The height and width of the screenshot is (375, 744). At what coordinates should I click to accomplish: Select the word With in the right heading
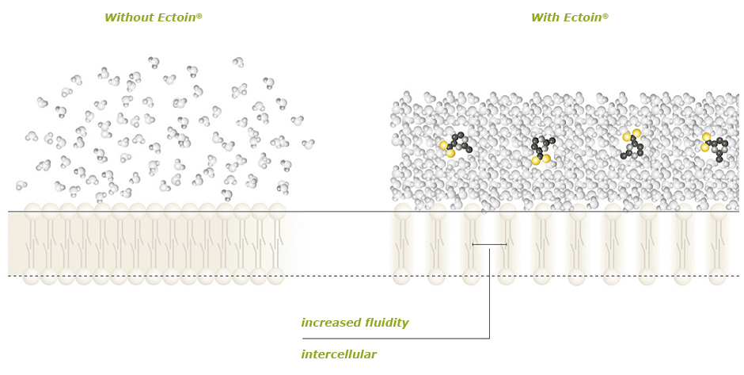point(545,17)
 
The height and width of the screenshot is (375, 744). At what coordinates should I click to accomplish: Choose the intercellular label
point(339,355)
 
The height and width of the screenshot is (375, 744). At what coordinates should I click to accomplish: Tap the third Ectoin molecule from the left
point(632,145)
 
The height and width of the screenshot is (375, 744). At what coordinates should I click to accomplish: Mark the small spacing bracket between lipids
point(489,244)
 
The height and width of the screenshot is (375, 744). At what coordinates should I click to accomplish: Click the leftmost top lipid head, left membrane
point(32,212)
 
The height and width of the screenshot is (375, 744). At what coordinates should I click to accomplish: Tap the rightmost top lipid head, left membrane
point(276,212)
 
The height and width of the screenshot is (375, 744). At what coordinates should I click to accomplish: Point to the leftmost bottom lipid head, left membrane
point(32,276)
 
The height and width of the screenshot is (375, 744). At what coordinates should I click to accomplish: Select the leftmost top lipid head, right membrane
point(403,212)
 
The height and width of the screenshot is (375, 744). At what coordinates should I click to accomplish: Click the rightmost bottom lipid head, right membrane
point(717,277)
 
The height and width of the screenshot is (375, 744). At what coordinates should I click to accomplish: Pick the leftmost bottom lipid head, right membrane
point(402,277)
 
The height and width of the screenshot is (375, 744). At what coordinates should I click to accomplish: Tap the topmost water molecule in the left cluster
point(154,62)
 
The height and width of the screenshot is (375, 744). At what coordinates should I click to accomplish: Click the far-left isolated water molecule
point(21,185)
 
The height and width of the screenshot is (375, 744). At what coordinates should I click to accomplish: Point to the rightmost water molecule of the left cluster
point(308,144)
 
